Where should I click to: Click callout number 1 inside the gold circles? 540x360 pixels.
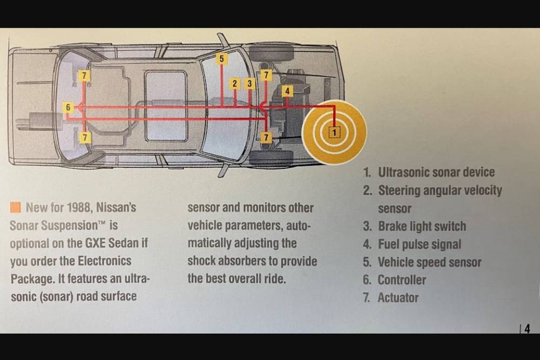(334, 132)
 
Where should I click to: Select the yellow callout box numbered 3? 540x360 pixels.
(249, 84)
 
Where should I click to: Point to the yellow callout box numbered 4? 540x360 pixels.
(287, 91)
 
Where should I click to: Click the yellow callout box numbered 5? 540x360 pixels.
(222, 58)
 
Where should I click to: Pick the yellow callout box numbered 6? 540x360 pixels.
(67, 107)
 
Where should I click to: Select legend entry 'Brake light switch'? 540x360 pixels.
(421, 226)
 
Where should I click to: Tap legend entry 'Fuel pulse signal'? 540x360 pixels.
(419, 244)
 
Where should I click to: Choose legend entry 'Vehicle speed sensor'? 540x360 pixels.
(429, 262)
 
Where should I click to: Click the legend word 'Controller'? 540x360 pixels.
(401, 280)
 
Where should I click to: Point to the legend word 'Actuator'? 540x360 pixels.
(397, 298)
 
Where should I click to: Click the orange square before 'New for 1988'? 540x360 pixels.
(15, 207)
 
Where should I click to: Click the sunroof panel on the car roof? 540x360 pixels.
(166, 106)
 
